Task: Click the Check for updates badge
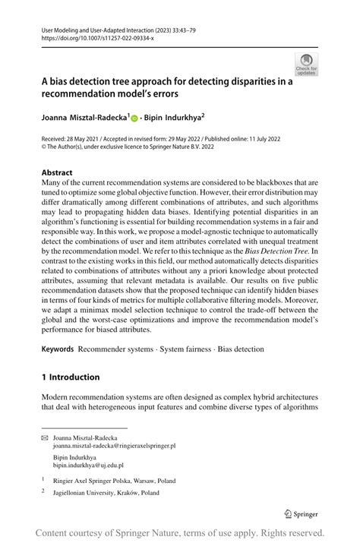point(306,64)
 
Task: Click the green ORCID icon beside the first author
point(134,118)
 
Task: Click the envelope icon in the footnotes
point(45,439)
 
